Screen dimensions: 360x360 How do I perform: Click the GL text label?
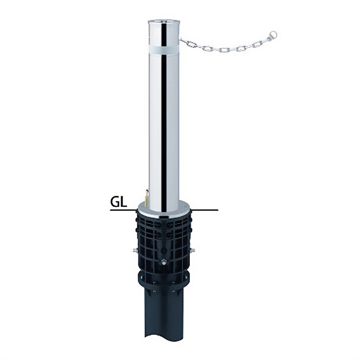click(x=118, y=202)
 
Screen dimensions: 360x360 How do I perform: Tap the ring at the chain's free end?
click(x=273, y=35)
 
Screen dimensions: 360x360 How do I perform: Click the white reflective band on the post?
click(x=164, y=49)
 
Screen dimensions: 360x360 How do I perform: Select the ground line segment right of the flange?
click(x=205, y=210)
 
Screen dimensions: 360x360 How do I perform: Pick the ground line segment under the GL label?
click(x=123, y=210)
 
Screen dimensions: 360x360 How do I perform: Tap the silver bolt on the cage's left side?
click(x=135, y=250)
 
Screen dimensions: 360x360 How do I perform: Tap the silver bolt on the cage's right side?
click(x=193, y=250)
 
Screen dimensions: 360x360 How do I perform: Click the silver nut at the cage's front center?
click(x=164, y=262)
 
